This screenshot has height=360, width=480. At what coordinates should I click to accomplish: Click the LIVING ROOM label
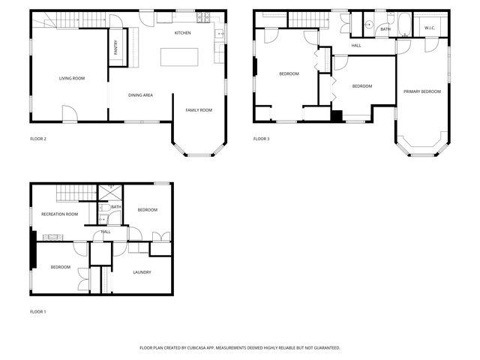pyautogui.click(x=72, y=78)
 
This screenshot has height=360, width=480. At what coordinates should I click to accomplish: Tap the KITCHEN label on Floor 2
pyautogui.click(x=183, y=34)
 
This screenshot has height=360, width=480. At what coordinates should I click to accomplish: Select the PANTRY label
pyautogui.click(x=116, y=47)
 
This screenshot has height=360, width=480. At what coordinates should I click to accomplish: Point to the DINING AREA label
pyautogui.click(x=141, y=95)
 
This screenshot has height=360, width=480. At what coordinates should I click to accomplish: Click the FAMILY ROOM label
pyautogui.click(x=199, y=110)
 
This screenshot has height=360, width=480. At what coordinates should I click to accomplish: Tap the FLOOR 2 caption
pyautogui.click(x=38, y=139)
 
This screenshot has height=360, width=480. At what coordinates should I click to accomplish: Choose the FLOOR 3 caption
pyautogui.click(x=261, y=139)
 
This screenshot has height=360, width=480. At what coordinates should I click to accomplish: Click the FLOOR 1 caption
pyautogui.click(x=38, y=311)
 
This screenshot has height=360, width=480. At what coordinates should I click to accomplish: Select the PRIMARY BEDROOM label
pyautogui.click(x=422, y=91)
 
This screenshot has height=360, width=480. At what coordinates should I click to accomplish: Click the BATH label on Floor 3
pyautogui.click(x=385, y=30)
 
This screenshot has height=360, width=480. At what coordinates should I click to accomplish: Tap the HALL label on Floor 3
pyautogui.click(x=357, y=46)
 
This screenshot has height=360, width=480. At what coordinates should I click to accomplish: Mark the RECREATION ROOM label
pyautogui.click(x=60, y=214)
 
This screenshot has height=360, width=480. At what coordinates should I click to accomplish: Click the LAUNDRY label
pyautogui.click(x=142, y=272)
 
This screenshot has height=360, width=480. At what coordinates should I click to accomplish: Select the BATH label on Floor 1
pyautogui.click(x=116, y=207)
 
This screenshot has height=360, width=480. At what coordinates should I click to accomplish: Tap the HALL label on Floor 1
pyautogui.click(x=106, y=232)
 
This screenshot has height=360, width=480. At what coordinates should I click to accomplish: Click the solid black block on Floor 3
pyautogui.click(x=337, y=115)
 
